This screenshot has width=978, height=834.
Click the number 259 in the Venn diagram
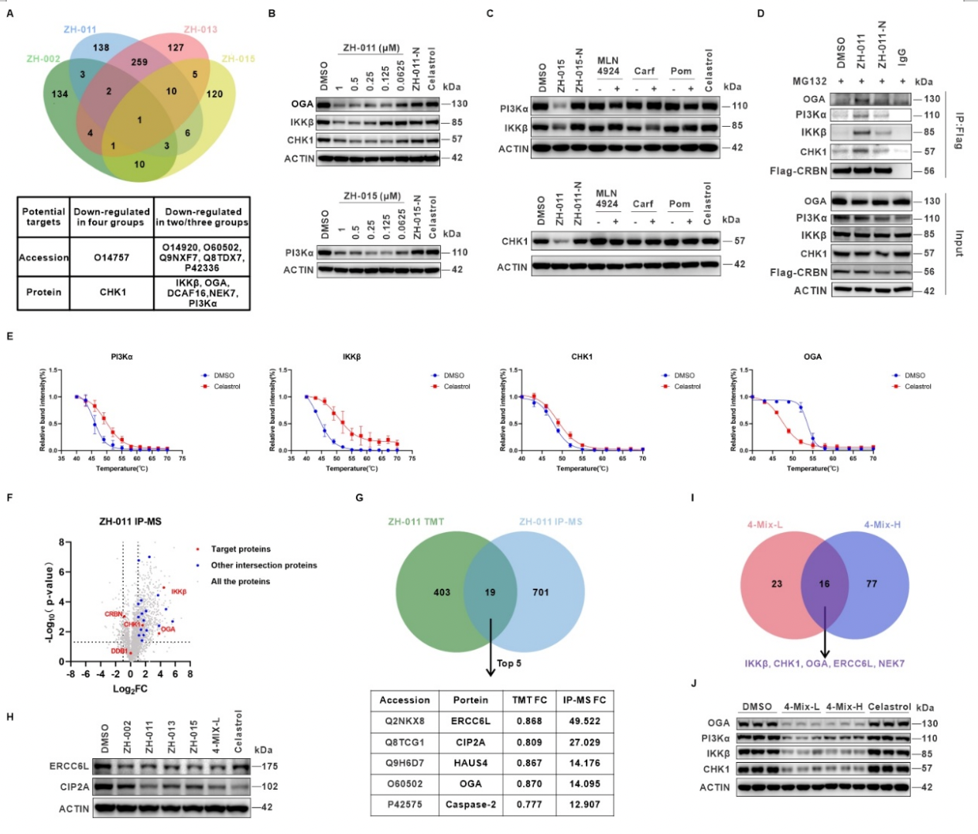point(139,63)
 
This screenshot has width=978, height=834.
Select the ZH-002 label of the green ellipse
point(43,59)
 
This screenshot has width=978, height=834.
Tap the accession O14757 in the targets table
point(111,258)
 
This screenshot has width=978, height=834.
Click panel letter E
point(9,337)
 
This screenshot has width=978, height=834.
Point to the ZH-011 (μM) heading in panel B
point(371,48)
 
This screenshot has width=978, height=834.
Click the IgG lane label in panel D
point(901,56)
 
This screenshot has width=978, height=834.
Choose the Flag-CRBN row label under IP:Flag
point(798,171)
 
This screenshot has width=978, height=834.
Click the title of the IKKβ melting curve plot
point(351,357)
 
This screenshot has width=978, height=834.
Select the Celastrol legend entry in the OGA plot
point(918,386)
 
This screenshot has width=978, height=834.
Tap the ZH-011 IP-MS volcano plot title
point(130,521)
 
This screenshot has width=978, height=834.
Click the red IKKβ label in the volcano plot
point(179,592)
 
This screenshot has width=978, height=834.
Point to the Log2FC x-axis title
point(130,689)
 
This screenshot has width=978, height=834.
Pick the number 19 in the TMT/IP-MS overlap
point(490,593)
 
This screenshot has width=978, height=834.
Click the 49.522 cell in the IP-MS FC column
point(584,721)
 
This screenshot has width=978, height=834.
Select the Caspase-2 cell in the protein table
point(470,805)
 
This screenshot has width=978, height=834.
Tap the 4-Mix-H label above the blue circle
point(882,525)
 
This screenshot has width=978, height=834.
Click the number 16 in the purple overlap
point(824,584)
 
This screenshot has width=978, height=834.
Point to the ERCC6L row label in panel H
point(70,767)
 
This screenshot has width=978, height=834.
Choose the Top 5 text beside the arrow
point(508,663)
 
